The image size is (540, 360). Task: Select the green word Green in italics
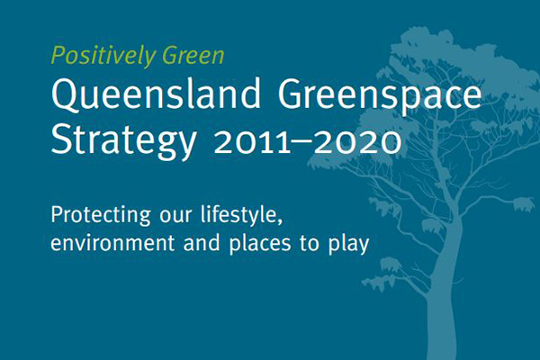[x=193, y=55]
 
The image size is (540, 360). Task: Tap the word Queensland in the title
[x=156, y=94]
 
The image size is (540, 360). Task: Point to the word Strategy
[x=123, y=140]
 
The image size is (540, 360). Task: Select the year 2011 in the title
[x=252, y=142]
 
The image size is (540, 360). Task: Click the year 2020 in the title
[x=357, y=142]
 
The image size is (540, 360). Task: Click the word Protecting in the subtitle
[x=101, y=216]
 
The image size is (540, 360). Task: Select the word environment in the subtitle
[x=112, y=243]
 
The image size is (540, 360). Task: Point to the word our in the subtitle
[x=175, y=215]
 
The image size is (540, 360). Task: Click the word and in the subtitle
[x=202, y=242]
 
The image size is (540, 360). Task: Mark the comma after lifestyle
[x=280, y=221]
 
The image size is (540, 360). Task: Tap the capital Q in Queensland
[x=65, y=94]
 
